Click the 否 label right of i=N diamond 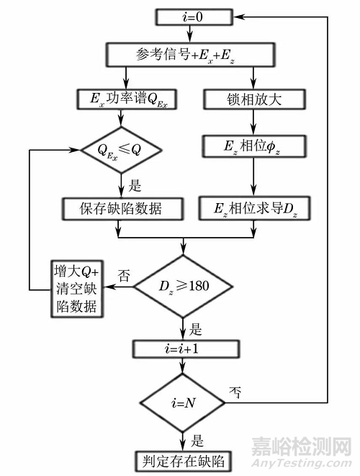[x=234, y=394]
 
